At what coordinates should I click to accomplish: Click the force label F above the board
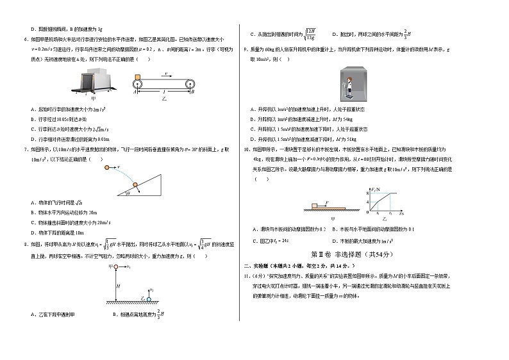point(326,202)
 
